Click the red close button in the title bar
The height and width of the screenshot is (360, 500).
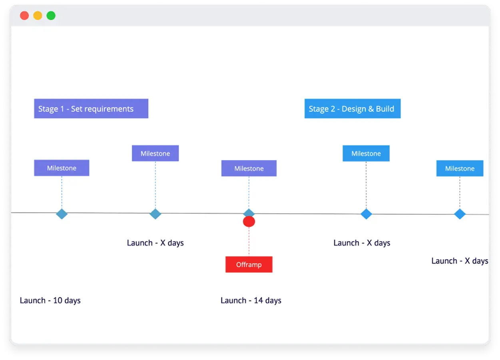pos(24,16)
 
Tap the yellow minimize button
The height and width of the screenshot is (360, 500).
pos(38,16)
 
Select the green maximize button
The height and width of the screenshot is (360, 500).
pos(51,16)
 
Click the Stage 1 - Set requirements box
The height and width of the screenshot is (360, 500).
pos(91,108)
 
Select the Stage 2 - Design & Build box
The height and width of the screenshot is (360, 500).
pos(352,108)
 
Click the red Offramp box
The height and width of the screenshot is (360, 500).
pos(249,264)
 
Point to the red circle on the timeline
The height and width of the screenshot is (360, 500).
pos(249,222)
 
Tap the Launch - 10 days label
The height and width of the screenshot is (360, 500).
pos(50,300)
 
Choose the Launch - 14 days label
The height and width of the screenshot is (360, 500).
pos(251,300)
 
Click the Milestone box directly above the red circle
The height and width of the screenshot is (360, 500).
pos(249,168)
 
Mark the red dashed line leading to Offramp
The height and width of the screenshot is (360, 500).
pos(249,242)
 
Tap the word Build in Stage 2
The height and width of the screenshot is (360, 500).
pos(385,109)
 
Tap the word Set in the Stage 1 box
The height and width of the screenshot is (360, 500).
pos(76,109)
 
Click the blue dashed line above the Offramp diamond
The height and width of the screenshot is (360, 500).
pos(249,192)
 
